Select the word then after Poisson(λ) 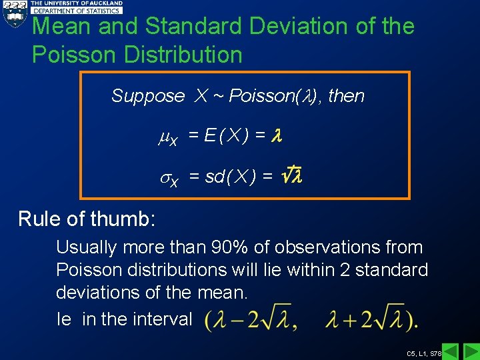pos(346,96)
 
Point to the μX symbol pos(167,137)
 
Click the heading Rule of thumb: pos(86,219)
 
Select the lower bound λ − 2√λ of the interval pos(251,320)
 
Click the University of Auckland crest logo pos(14,13)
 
